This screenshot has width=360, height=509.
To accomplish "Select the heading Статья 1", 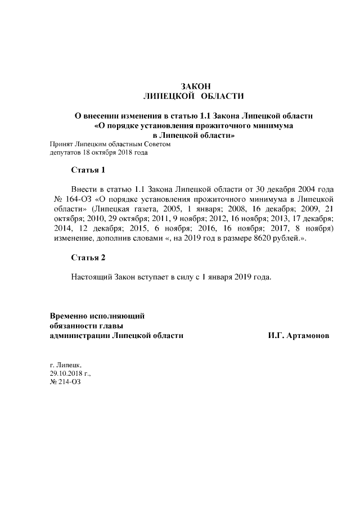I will pos(88,169).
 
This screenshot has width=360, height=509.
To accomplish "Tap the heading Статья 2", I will pos(88,258).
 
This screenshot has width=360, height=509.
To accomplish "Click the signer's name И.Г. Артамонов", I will pos(299,335).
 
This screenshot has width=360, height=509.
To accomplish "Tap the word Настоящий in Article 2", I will pos(92,277).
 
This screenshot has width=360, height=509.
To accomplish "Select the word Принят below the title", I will pos(62,144).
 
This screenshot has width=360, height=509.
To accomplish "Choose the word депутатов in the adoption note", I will pos(65,152).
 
